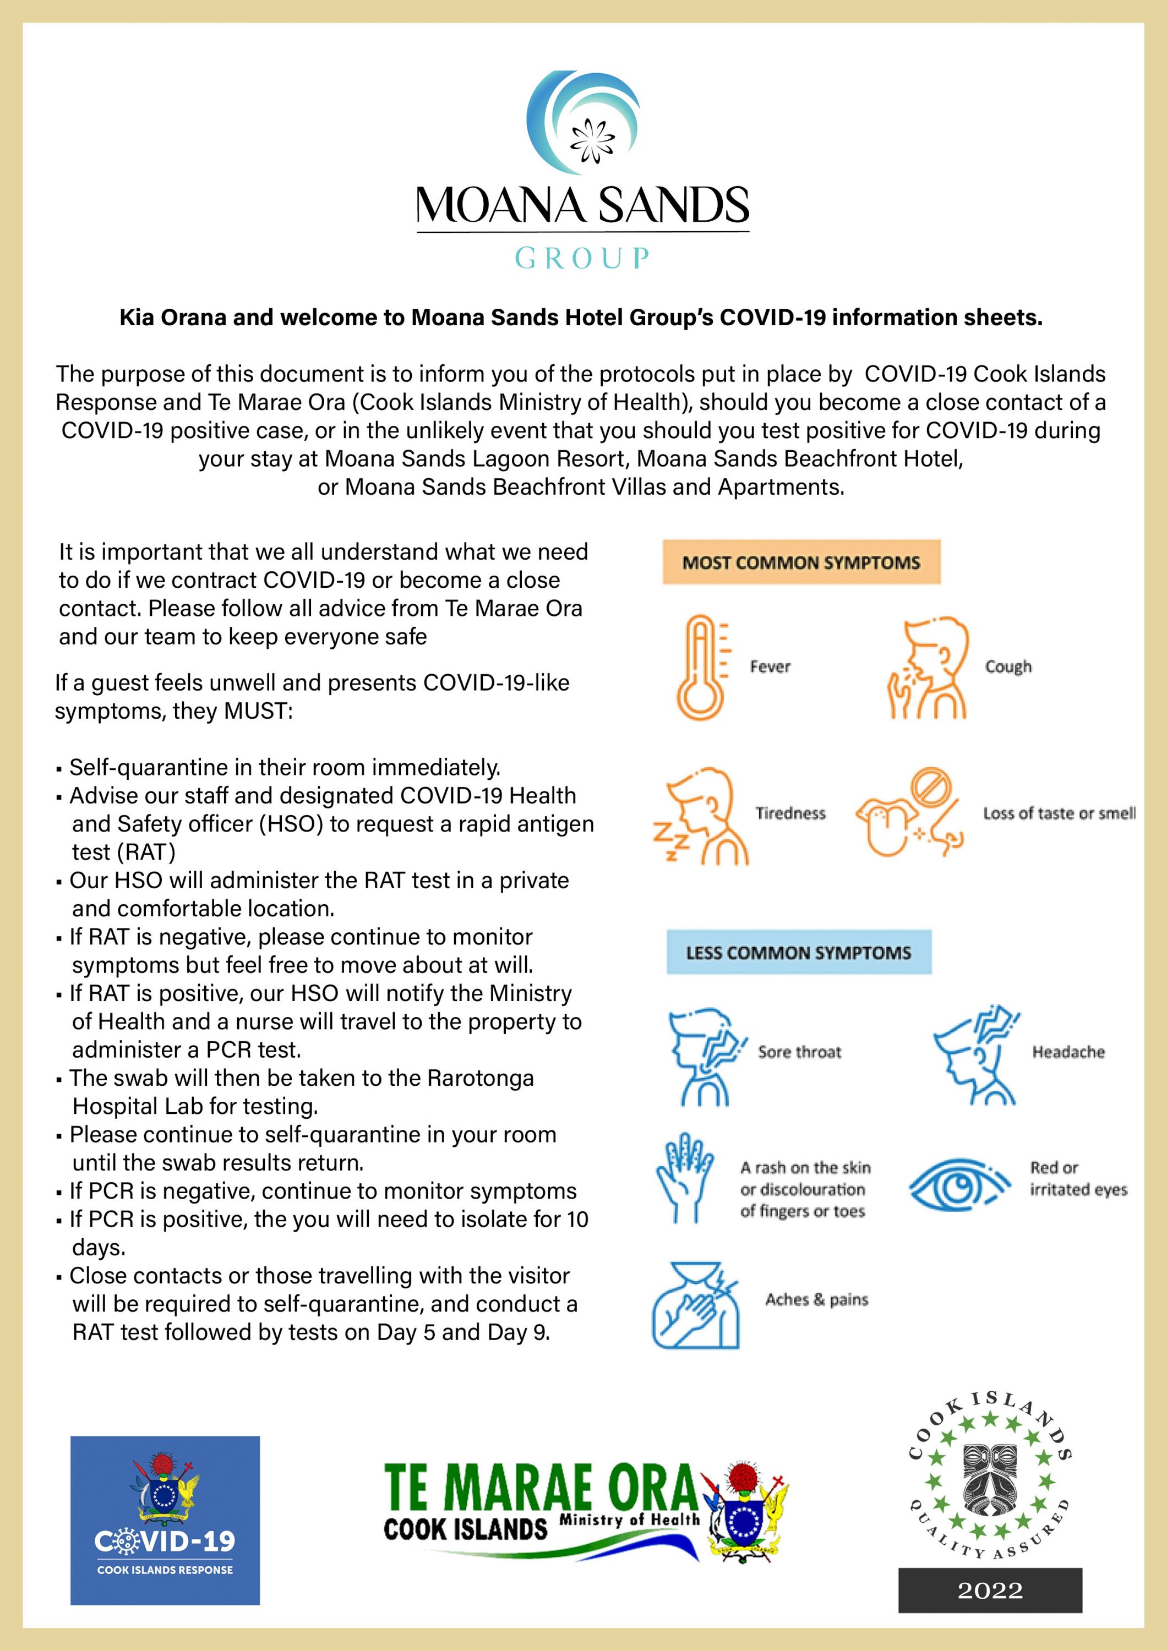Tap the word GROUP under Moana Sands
coord(582,258)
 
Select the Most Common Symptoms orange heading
coord(801,562)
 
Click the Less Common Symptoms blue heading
coord(798,953)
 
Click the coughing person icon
coord(928,666)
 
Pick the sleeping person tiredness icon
coord(701,816)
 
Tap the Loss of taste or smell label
coord(1059,813)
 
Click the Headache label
coord(1068,1052)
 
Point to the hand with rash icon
coord(683,1178)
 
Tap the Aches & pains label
coord(817,1299)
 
